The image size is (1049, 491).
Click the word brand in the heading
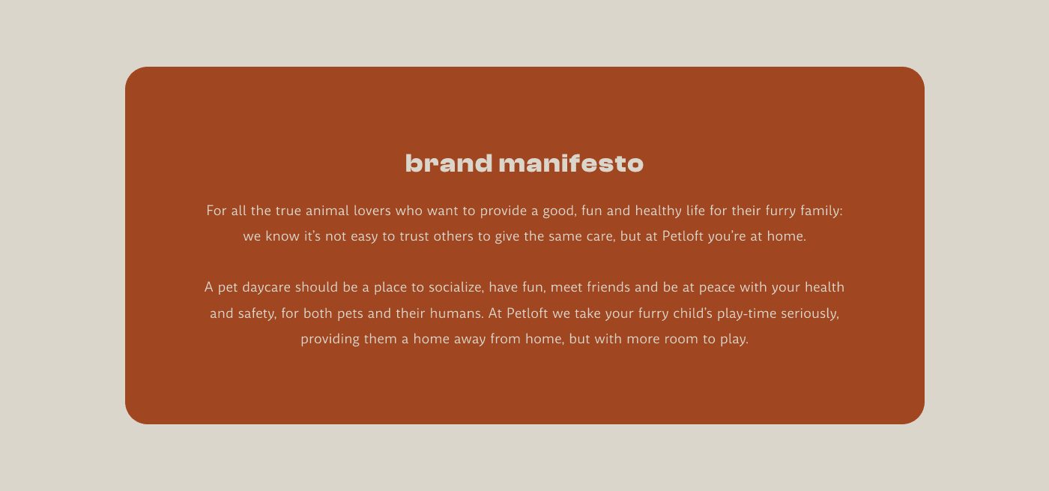[x=449, y=163]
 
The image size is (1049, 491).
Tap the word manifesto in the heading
[x=571, y=163]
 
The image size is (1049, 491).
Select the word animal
[x=327, y=211]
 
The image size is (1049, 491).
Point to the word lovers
[x=372, y=211]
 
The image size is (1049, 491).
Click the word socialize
[x=456, y=287]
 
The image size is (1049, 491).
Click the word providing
[x=330, y=339]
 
